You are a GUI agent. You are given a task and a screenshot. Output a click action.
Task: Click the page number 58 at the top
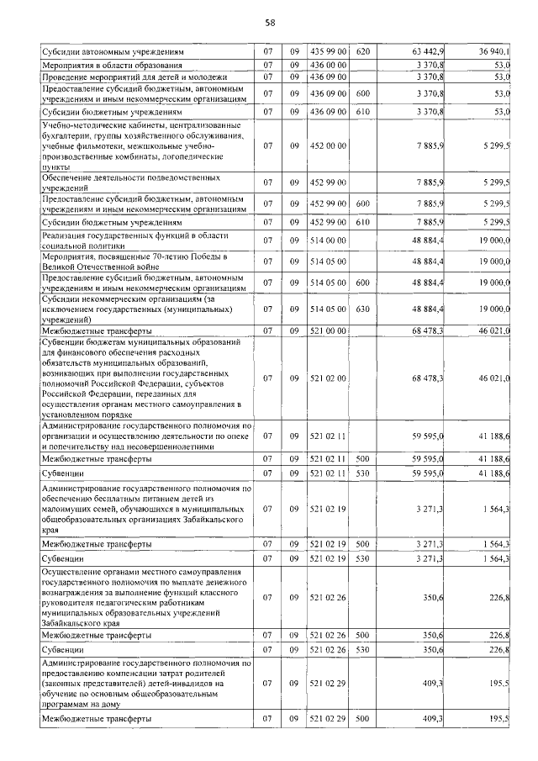coord(269,22)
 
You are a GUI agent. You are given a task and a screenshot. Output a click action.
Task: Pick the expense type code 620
coord(363,52)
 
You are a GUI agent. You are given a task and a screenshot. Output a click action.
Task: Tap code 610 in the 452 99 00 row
coord(363,222)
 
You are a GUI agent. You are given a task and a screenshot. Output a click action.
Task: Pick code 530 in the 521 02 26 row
coord(363,650)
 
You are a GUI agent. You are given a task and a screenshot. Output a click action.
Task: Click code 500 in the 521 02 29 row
coord(363,720)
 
